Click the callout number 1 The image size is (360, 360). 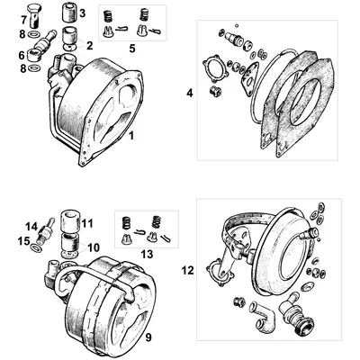[x=133, y=136]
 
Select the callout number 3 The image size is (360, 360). [x=83, y=13]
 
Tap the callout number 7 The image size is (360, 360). [x=24, y=19]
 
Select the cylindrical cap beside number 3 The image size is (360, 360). [x=66, y=14]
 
